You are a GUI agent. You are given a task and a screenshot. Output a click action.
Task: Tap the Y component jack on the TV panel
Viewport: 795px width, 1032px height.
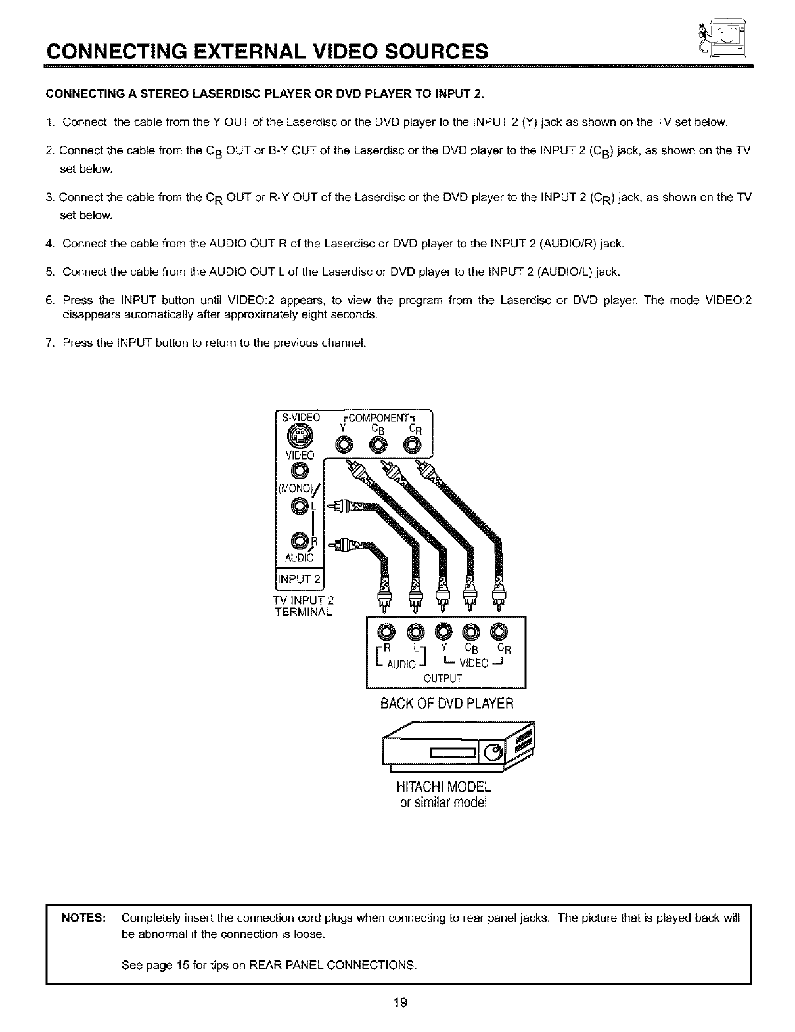coord(344,446)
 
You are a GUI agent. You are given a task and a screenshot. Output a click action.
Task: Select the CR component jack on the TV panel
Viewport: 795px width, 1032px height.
coord(413,446)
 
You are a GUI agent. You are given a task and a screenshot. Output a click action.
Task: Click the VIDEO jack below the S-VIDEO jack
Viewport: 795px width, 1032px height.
coord(300,471)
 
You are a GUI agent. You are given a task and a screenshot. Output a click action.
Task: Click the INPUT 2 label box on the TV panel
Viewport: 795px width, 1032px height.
coord(299,579)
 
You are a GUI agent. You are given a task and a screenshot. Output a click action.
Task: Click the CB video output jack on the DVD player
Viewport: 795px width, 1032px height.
coord(470,632)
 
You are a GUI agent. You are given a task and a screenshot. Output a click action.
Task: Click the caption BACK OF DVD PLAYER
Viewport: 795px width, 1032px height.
coord(446,704)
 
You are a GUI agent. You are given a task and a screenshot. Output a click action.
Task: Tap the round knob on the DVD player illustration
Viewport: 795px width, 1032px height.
coord(493,752)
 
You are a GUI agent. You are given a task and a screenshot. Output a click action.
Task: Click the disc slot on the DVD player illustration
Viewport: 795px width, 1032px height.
coord(453,752)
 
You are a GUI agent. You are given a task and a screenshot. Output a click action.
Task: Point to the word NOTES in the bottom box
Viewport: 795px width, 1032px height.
coord(83,918)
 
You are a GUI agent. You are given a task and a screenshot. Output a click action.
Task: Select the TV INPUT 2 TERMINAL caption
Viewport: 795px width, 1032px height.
coord(304,606)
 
